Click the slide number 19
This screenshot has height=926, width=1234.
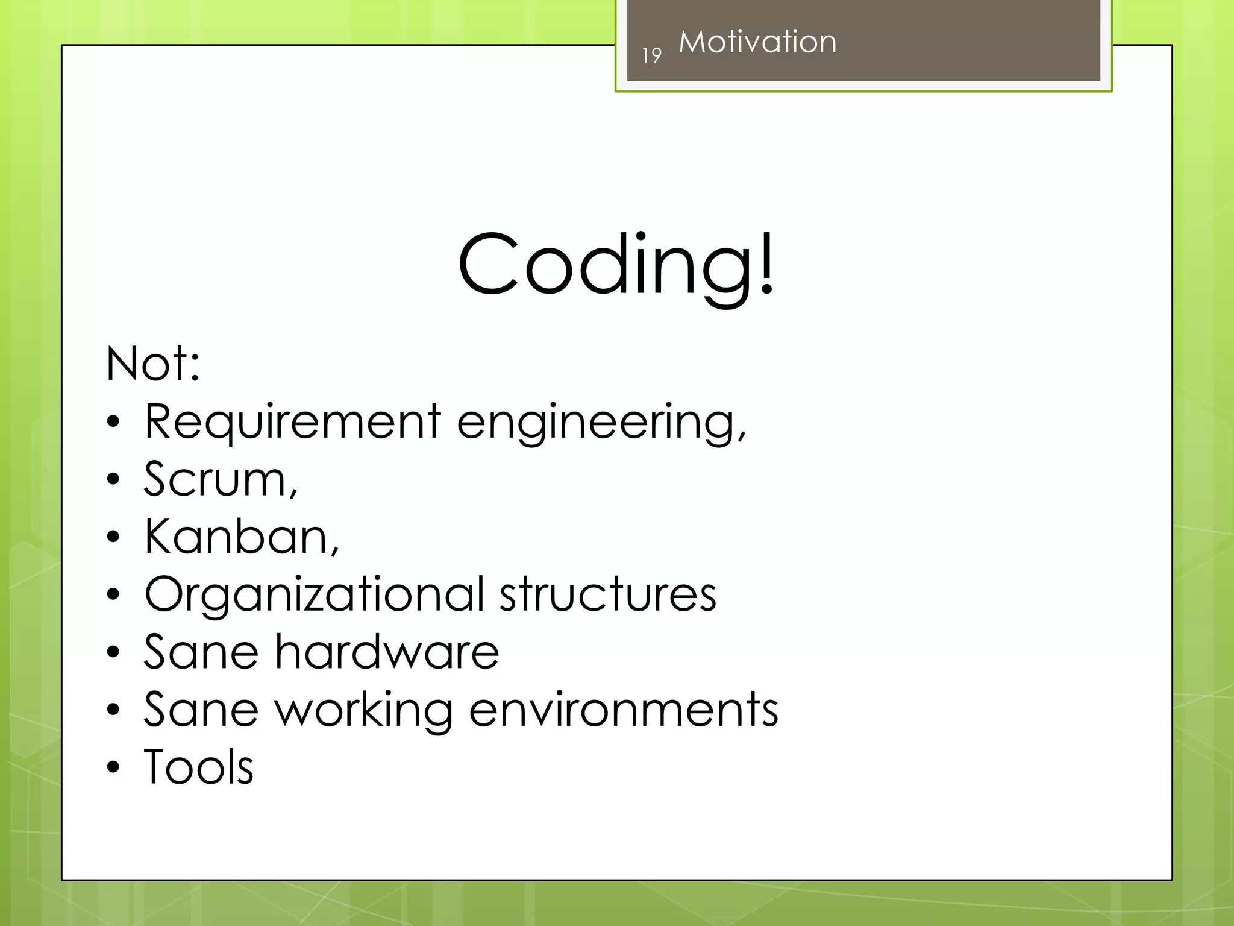pyautogui.click(x=651, y=55)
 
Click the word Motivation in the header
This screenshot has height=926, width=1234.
pyautogui.click(x=757, y=42)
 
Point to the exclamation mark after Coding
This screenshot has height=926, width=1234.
pyautogui.click(x=766, y=265)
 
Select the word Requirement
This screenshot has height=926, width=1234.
pyautogui.click(x=293, y=422)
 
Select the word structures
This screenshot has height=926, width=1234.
pyautogui.click(x=608, y=594)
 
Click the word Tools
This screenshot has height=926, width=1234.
pyautogui.click(x=199, y=767)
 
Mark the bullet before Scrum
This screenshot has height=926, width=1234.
pyautogui.click(x=113, y=480)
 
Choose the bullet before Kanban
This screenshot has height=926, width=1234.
pyautogui.click(x=113, y=537)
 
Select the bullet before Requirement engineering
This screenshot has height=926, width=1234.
pyautogui.click(x=113, y=423)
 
